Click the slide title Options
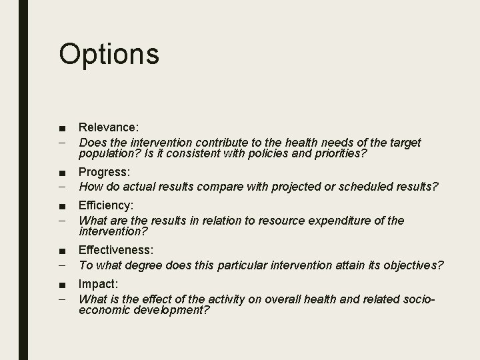[109, 53]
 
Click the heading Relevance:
[109, 127]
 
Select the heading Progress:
[104, 173]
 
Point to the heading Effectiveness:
[116, 250]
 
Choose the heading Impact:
[98, 283]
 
